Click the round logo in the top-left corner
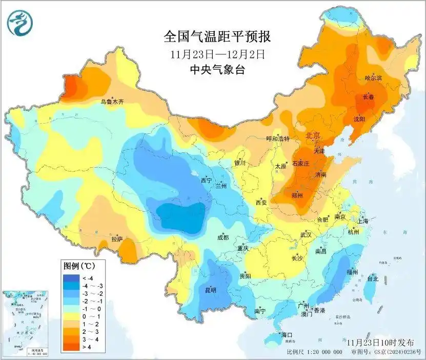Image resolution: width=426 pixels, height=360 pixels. coord(18,22)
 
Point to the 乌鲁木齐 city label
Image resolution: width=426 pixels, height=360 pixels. coord(112,102)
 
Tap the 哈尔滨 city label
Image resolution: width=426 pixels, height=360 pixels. coord(374,78)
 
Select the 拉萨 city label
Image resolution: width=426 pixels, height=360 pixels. coord(117,238)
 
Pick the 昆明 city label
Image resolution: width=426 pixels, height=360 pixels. coord(210,290)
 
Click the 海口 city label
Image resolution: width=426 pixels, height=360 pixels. coord(287,335)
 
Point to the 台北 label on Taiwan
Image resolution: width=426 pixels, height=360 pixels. coord(372,279)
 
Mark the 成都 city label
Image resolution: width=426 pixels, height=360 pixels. coord(224,237)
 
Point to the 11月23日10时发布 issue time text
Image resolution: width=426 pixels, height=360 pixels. coord(380,342)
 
